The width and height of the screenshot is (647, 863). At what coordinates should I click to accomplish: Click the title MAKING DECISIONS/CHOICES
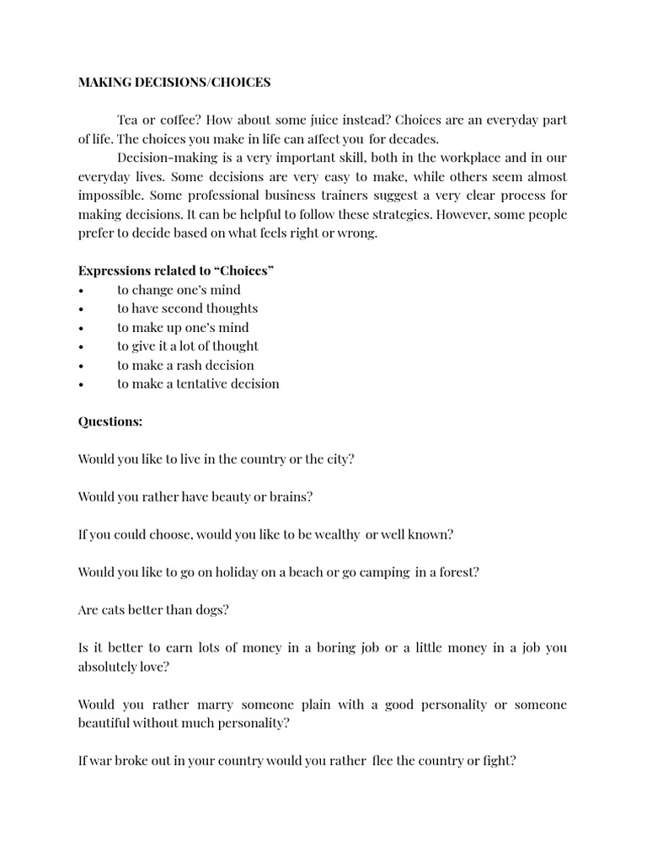tap(174, 82)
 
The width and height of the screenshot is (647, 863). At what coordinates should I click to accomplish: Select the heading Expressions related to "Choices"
tap(176, 271)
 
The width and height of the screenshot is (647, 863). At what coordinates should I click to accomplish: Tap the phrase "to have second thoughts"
tap(187, 308)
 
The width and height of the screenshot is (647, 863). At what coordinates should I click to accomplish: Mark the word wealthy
tap(336, 534)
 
